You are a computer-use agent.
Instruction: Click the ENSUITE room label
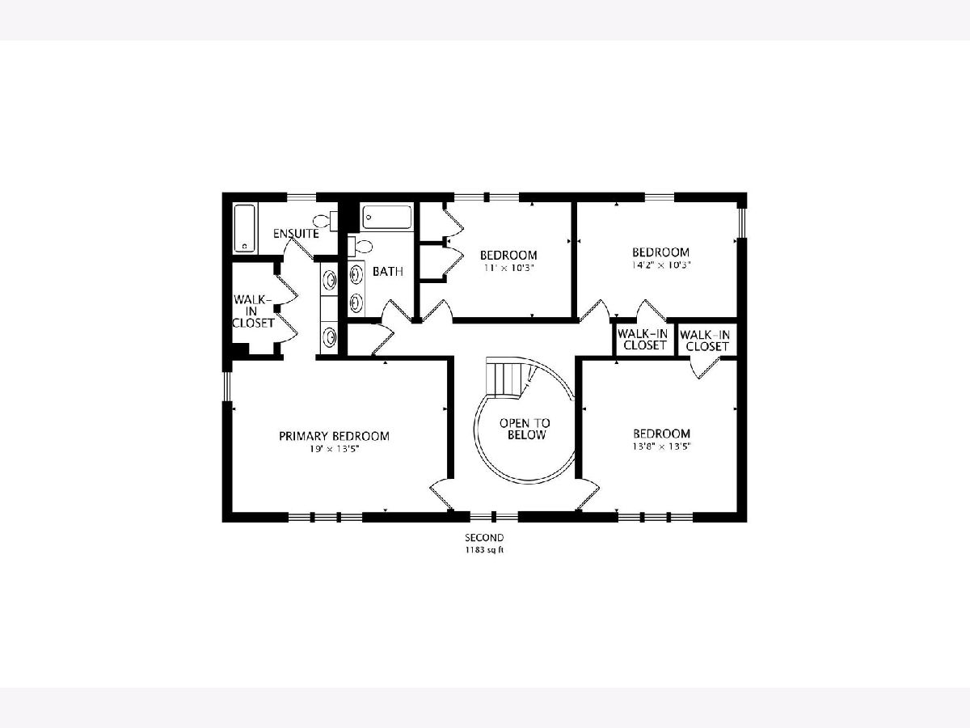click(296, 234)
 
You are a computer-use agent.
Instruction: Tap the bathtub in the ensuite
click(244, 228)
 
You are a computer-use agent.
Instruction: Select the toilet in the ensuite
click(325, 221)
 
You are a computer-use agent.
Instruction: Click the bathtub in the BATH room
click(387, 217)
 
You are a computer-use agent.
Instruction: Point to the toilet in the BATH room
click(359, 246)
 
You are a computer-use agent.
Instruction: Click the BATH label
click(387, 272)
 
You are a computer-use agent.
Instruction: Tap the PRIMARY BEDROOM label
click(334, 436)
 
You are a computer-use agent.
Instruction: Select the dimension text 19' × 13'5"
click(334, 449)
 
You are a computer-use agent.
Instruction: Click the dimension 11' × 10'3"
click(508, 268)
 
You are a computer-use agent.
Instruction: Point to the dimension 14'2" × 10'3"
click(661, 265)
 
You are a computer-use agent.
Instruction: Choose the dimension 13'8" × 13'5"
click(661, 447)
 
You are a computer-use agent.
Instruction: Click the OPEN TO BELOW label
click(525, 429)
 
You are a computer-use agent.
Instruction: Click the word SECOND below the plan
click(484, 537)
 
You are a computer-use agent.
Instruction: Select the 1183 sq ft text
click(484, 550)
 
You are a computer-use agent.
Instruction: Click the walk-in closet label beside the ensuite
click(253, 311)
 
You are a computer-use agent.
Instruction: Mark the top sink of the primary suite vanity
click(329, 279)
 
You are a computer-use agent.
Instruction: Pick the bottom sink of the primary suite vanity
click(329, 337)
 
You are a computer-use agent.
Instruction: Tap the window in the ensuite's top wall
click(302, 197)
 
